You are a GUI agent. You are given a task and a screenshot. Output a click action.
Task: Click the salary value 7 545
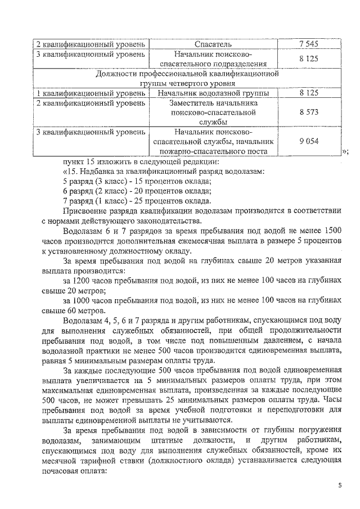[309, 43]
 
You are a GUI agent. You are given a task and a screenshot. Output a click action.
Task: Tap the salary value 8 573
[309, 112]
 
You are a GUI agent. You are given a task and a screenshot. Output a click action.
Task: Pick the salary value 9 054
[309, 141]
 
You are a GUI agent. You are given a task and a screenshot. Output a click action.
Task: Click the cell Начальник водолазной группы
[213, 92]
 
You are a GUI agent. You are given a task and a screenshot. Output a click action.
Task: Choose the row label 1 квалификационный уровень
[90, 92]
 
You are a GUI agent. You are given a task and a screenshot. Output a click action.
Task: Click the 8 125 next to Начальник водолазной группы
[309, 92]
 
